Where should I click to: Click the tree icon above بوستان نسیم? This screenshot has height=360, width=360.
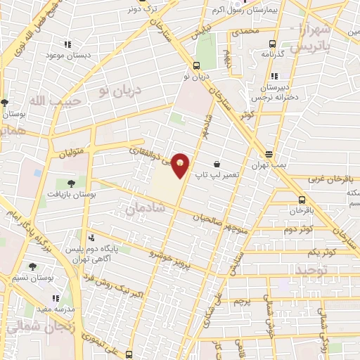(33, 266)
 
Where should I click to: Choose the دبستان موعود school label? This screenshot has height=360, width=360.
(65, 55)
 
